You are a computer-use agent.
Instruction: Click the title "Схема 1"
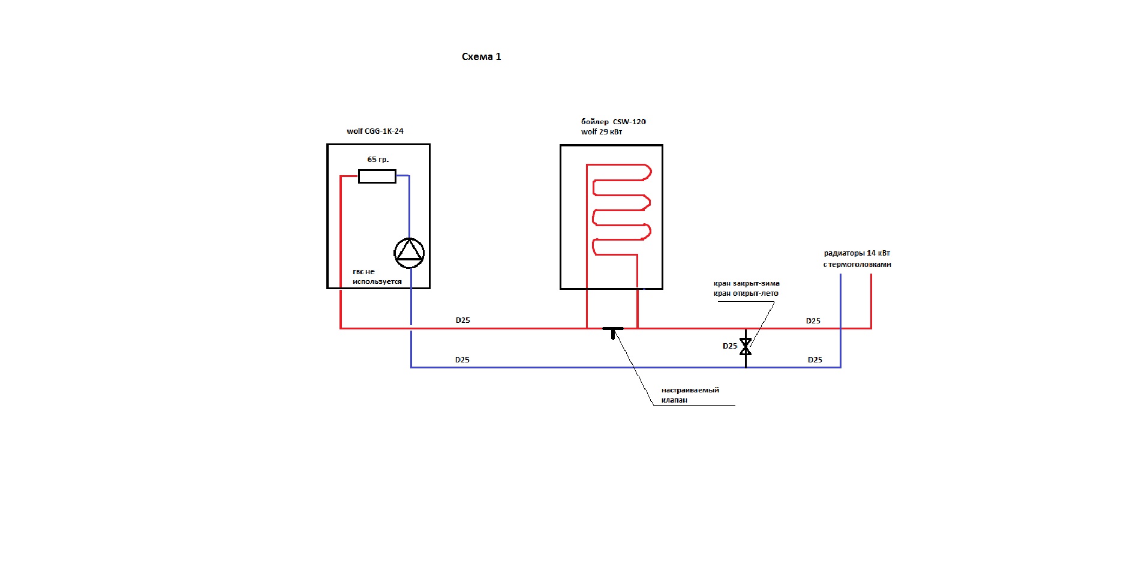click(x=481, y=56)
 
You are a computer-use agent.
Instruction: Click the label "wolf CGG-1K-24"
click(x=375, y=131)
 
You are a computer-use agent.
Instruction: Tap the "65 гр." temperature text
click(x=378, y=160)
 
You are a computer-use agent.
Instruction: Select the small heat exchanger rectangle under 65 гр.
click(x=377, y=176)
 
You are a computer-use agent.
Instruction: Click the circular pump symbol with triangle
click(x=409, y=253)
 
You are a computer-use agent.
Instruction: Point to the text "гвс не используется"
click(x=377, y=277)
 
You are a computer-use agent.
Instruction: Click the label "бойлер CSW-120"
click(x=613, y=122)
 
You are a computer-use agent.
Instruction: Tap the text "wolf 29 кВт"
click(x=601, y=132)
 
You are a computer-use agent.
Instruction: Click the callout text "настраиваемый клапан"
click(x=690, y=395)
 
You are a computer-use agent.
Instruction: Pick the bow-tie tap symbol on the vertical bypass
click(x=746, y=346)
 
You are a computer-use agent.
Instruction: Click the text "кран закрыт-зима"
click(x=746, y=283)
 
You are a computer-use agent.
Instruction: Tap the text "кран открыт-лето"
click(x=746, y=293)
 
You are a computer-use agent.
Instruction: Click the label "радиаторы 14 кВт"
click(x=857, y=253)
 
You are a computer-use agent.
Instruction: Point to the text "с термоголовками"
click(x=857, y=265)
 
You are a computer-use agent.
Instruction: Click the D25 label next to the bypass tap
click(x=730, y=346)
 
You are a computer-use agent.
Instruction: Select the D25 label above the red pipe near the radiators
click(x=813, y=321)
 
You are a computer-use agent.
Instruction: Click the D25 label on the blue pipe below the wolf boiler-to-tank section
click(x=462, y=360)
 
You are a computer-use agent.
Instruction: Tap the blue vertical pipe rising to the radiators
click(x=840, y=320)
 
